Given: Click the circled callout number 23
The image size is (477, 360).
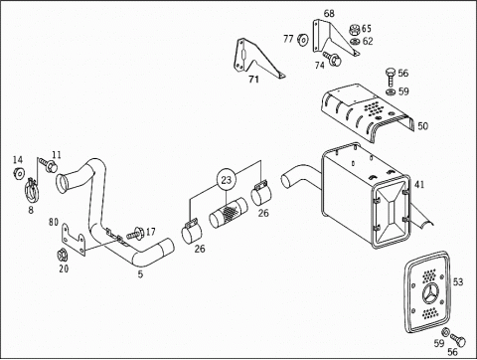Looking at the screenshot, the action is [226, 180].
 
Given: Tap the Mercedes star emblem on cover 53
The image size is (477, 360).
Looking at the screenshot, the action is [431, 294].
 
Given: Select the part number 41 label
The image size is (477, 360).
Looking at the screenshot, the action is [419, 185].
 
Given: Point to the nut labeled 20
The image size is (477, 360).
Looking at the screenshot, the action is [62, 255].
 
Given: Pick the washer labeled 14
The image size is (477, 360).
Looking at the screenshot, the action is [19, 173].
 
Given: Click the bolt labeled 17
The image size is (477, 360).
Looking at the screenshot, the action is [134, 234].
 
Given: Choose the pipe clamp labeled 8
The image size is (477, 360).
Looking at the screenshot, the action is [32, 191].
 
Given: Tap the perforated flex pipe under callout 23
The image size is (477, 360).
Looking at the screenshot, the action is [229, 213].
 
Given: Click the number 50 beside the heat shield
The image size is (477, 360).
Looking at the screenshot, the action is [422, 126].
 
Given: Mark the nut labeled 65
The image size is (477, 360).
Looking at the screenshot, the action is [355, 30].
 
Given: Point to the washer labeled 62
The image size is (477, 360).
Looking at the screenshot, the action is [355, 42].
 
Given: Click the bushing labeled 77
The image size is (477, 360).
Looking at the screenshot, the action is [303, 39].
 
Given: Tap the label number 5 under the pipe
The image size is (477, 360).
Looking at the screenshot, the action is [140, 274].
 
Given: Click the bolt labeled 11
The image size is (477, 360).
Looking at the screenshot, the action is [49, 164].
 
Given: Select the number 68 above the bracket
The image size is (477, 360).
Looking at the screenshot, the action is [329, 14].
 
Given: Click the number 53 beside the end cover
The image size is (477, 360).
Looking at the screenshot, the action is [458, 282].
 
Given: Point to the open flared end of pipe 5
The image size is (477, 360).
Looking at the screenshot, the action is [62, 184].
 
